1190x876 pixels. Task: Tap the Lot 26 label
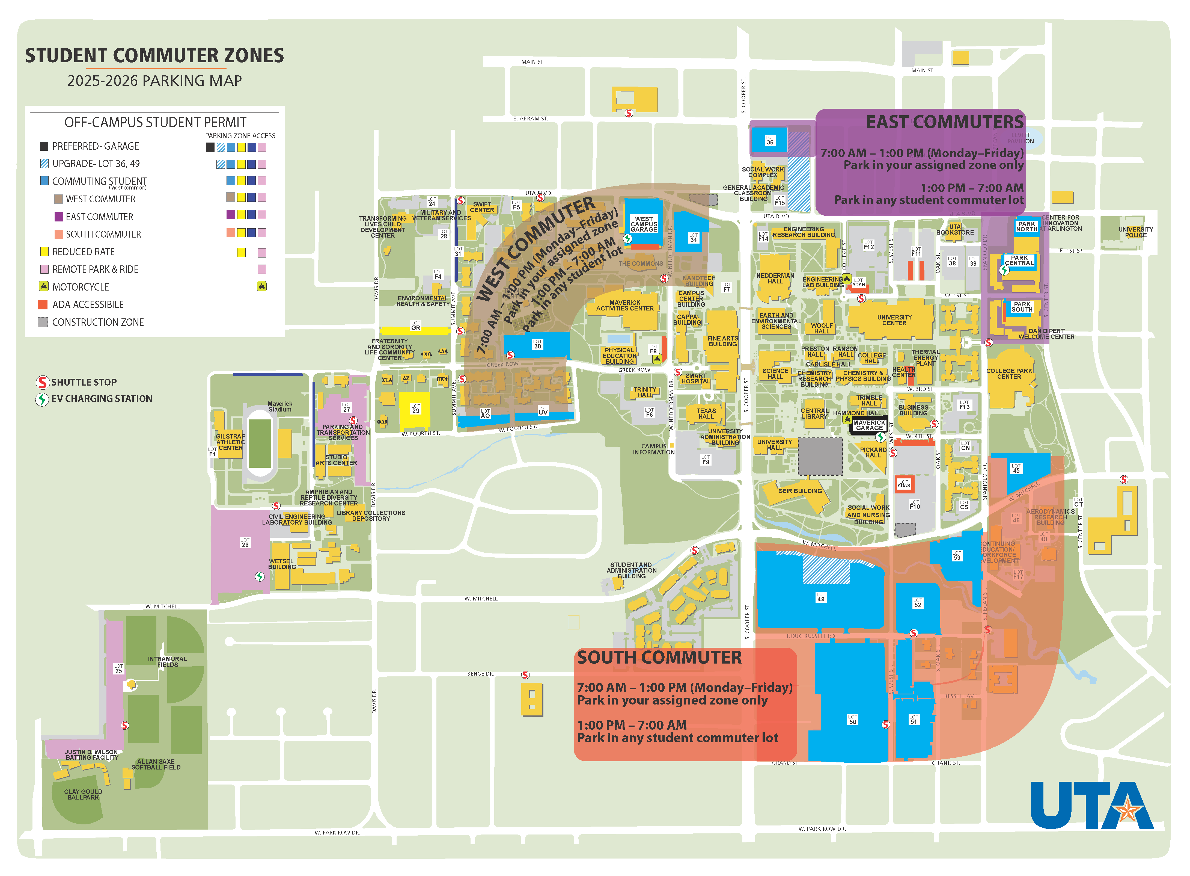click(245, 543)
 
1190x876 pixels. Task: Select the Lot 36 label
click(770, 140)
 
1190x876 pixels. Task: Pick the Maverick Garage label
click(869, 425)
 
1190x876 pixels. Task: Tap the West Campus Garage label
click(644, 224)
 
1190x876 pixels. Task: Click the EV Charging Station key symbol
click(42, 399)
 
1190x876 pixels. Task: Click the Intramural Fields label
click(168, 662)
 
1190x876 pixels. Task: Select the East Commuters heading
click(945, 123)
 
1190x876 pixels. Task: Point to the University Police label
click(1135, 232)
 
